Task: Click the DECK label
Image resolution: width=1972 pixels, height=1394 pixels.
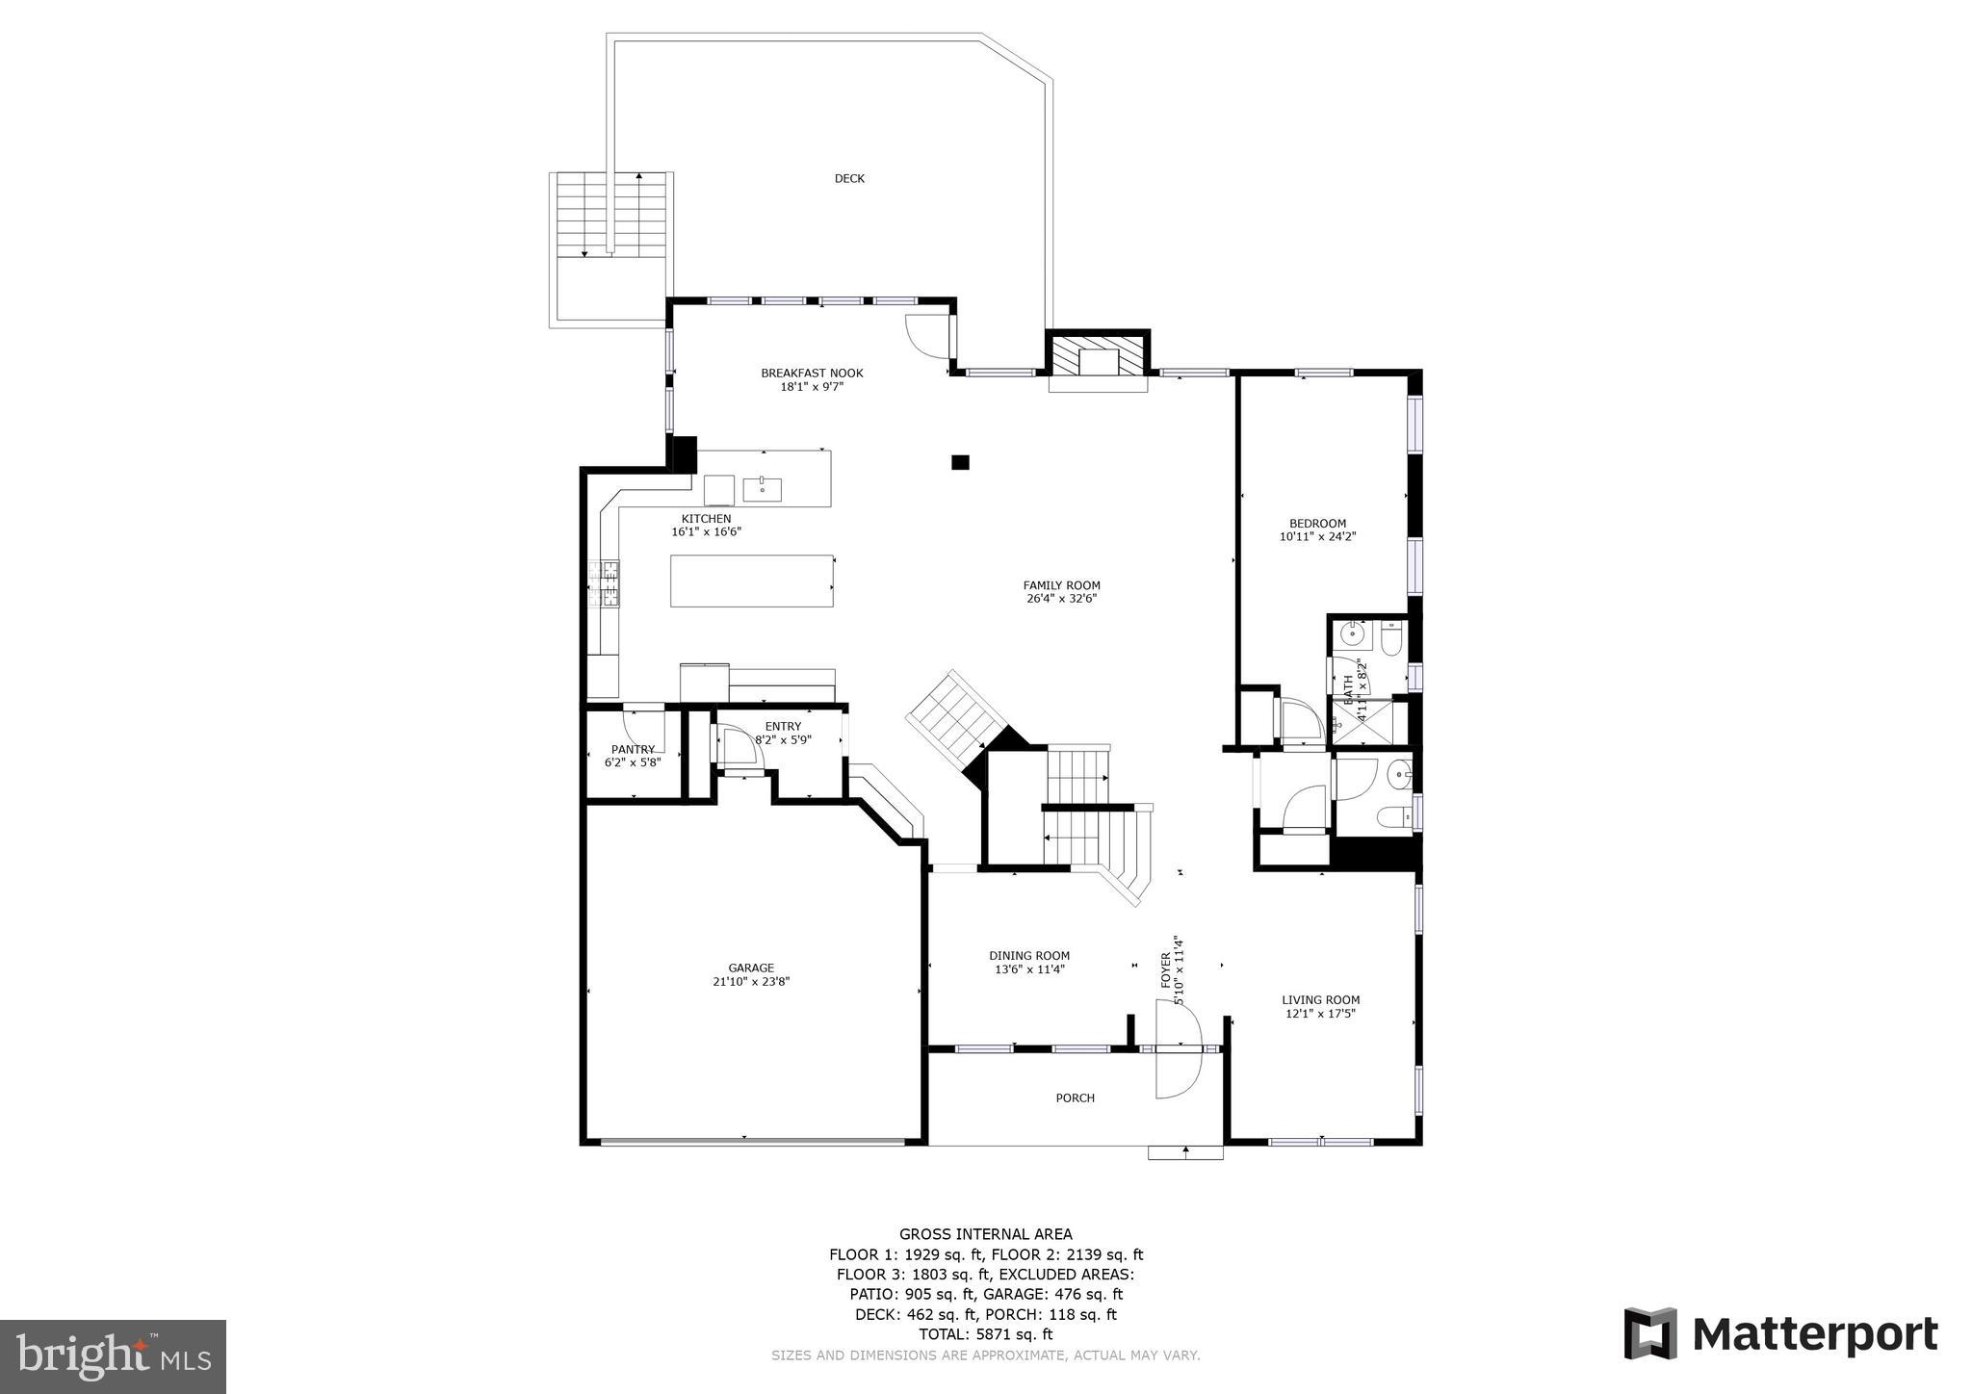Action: pos(848,178)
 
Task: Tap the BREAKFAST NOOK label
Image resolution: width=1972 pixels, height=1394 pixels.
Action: pos(812,373)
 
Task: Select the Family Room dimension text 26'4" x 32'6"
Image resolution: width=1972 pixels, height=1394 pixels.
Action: pos(1061,599)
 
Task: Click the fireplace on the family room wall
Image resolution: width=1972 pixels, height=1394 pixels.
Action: pos(1098,361)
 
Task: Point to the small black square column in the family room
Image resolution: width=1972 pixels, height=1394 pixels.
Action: pos(960,462)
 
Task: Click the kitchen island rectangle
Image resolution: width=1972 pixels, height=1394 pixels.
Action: pos(751,581)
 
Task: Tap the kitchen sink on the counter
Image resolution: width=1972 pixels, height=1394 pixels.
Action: pos(762,489)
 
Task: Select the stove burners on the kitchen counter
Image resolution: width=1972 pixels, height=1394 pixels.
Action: pos(610,583)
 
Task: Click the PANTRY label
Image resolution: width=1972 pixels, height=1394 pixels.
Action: pos(633,749)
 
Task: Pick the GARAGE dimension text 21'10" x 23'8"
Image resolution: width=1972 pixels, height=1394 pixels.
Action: pos(751,982)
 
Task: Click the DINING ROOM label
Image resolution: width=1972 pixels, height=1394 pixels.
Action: pos(1028,956)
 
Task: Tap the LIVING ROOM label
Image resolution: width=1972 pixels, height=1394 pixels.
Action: pos(1320,999)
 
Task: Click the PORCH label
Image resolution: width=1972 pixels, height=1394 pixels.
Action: pos(1075,1097)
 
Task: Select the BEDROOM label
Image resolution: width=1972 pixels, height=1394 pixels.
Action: pos(1317,524)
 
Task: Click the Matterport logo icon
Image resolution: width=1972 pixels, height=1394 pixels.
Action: pos(1650,1333)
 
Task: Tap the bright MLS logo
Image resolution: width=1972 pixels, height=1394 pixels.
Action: pos(113,1356)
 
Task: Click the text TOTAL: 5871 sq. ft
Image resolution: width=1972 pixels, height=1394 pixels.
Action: pos(985,1334)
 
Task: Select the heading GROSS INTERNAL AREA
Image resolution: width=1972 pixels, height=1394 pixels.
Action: pos(985,1234)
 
